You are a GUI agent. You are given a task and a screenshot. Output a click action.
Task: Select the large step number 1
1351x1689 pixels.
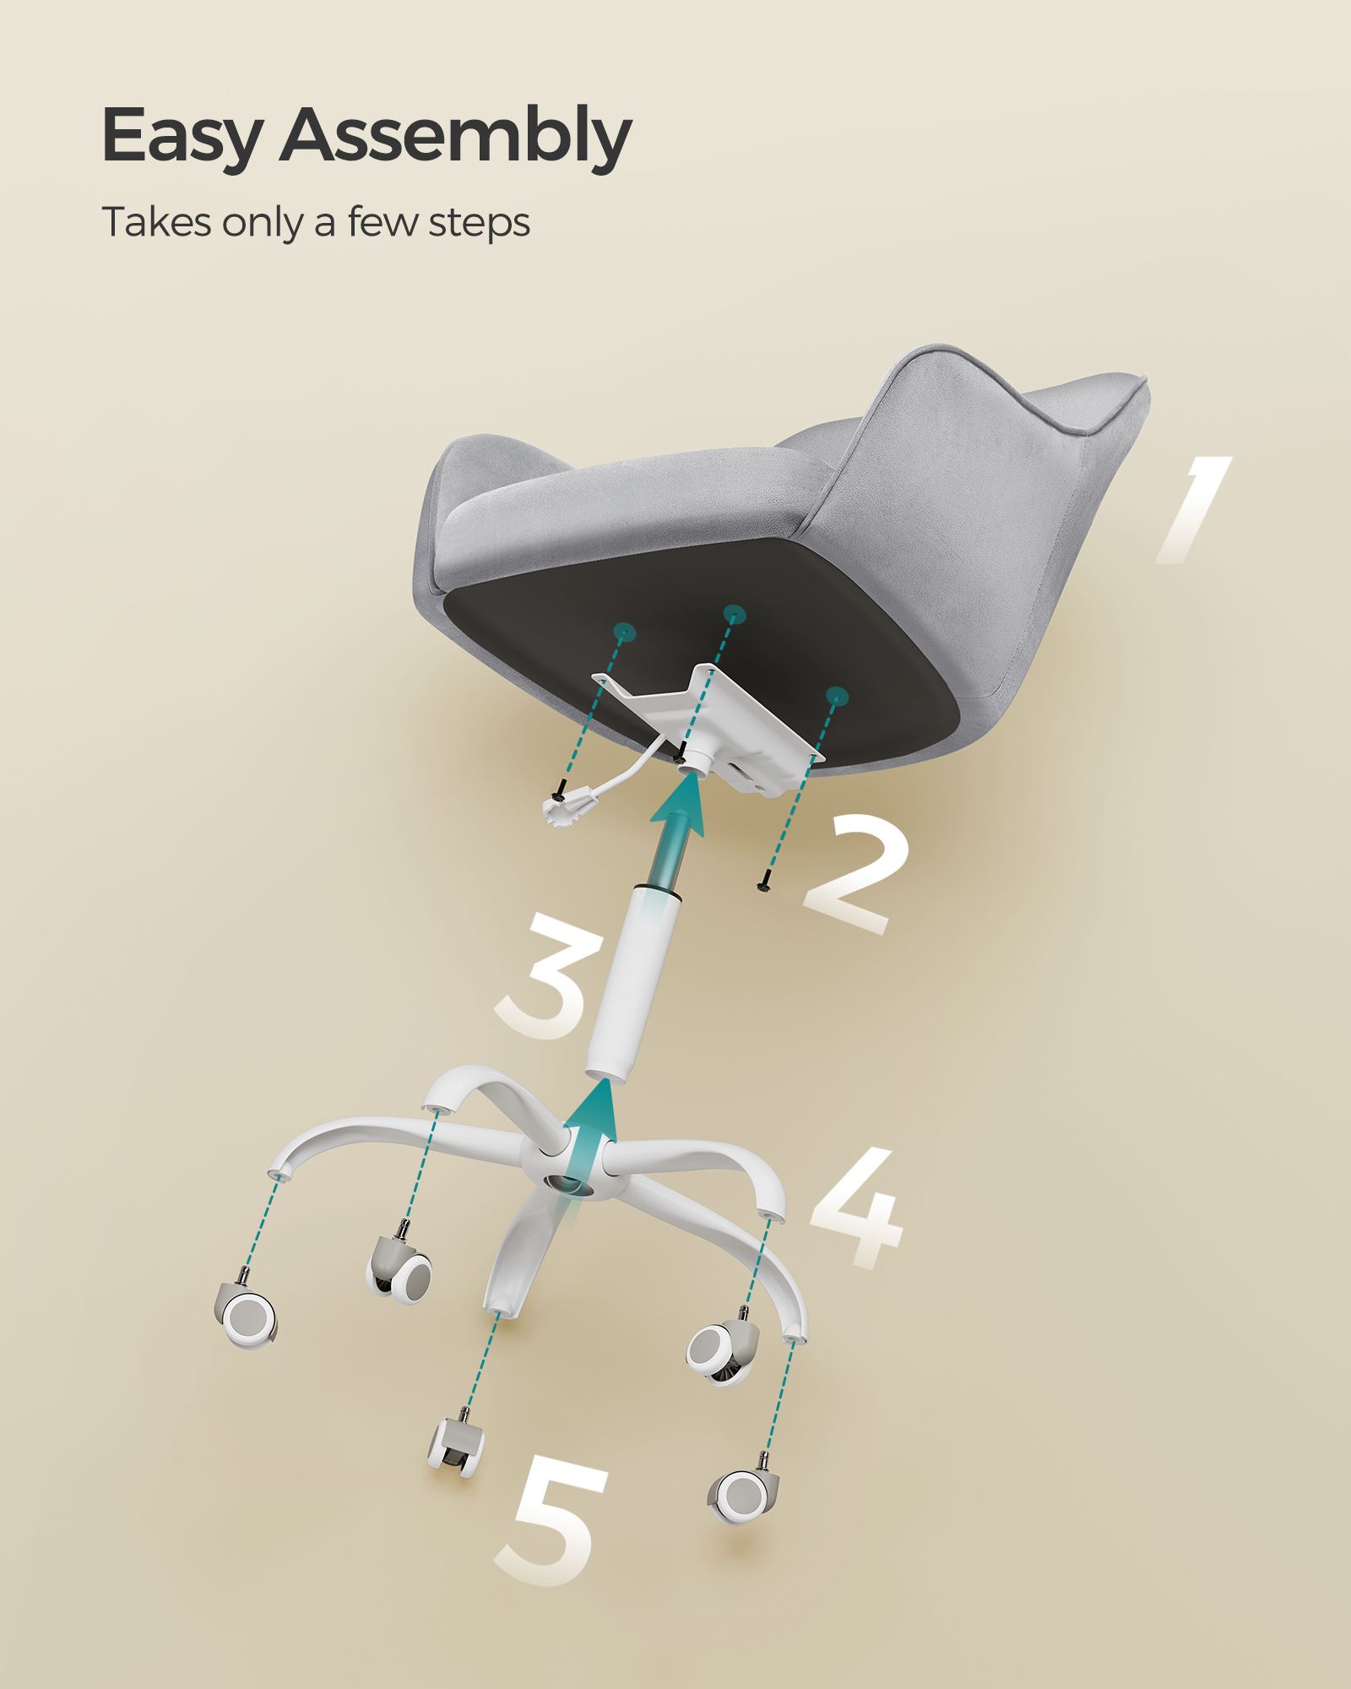click(1191, 509)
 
